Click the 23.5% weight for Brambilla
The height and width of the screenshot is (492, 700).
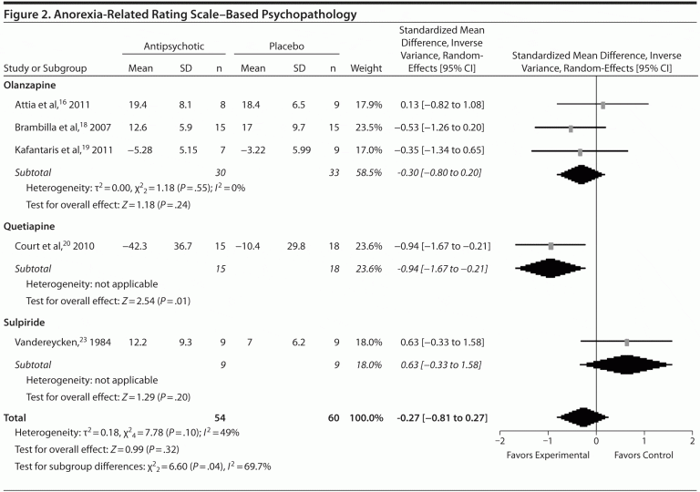click(365, 128)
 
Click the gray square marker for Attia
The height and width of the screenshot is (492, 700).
click(602, 106)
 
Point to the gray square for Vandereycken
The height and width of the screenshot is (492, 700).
click(626, 342)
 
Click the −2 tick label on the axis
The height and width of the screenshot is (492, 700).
click(498, 440)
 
